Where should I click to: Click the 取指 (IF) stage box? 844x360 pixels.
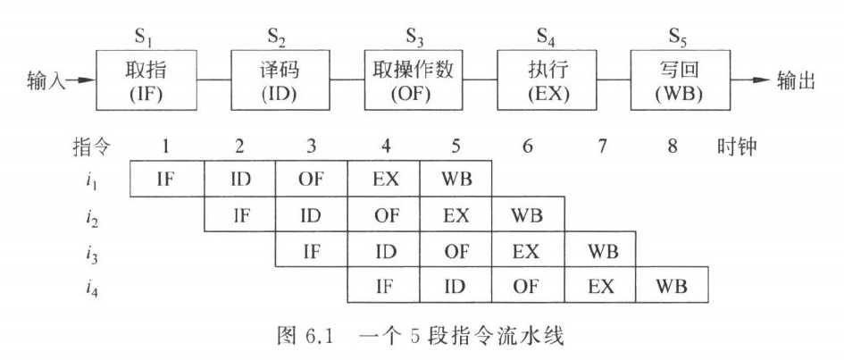tap(146, 80)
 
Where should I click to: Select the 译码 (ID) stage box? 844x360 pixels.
tap(280, 80)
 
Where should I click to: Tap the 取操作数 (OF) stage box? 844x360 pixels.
tap(413, 80)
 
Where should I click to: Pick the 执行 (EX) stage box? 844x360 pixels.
tap(547, 80)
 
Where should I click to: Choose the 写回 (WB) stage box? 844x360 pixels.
tap(681, 80)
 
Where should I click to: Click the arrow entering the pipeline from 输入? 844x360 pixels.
tap(80, 80)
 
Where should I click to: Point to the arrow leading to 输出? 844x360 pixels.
tap(751, 80)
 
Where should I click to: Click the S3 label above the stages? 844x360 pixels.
tap(414, 38)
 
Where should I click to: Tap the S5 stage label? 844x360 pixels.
tap(679, 38)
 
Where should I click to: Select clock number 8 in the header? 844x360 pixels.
tap(672, 147)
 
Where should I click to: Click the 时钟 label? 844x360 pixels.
tap(736, 147)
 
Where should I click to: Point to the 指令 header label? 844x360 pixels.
tap(91, 147)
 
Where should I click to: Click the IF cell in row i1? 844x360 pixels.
tap(167, 178)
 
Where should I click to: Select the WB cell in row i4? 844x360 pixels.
tap(672, 285)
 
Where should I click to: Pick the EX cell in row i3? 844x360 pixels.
tap(528, 249)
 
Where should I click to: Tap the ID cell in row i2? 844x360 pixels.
tap(312, 214)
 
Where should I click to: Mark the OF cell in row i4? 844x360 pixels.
tap(528, 285)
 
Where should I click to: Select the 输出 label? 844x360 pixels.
tap(796, 80)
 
